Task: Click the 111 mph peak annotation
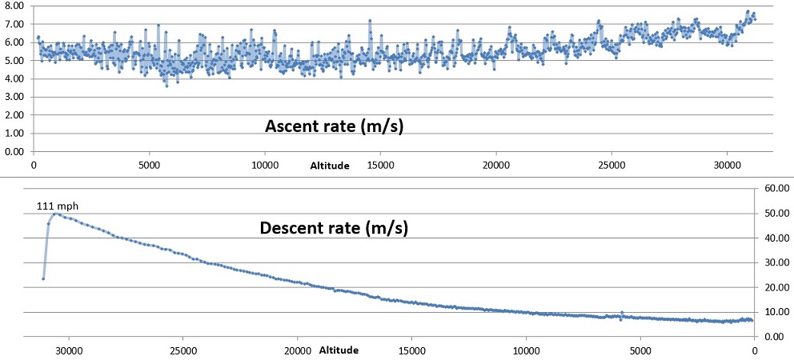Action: pyautogui.click(x=58, y=206)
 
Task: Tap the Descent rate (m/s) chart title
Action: pyautogui.click(x=334, y=228)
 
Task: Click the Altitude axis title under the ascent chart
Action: pyautogui.click(x=330, y=166)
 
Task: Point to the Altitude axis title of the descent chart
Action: pyautogui.click(x=339, y=350)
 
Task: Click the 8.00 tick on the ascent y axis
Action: pyautogui.click(x=14, y=6)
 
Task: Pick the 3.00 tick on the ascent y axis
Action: pyautogui.click(x=14, y=97)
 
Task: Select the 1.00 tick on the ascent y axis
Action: pyautogui.click(x=14, y=133)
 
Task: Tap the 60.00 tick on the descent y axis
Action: pyautogui.click(x=777, y=188)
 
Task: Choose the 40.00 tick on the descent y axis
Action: pyautogui.click(x=777, y=238)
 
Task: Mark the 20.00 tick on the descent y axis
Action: pyautogui.click(x=777, y=287)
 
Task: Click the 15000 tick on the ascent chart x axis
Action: pyautogui.click(x=380, y=165)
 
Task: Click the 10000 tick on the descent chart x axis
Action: pyautogui.click(x=526, y=350)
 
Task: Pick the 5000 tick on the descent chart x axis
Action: pyautogui.click(x=640, y=350)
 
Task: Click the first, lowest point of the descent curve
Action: pyautogui.click(x=43, y=278)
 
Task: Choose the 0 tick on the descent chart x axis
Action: pyautogui.click(x=754, y=350)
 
